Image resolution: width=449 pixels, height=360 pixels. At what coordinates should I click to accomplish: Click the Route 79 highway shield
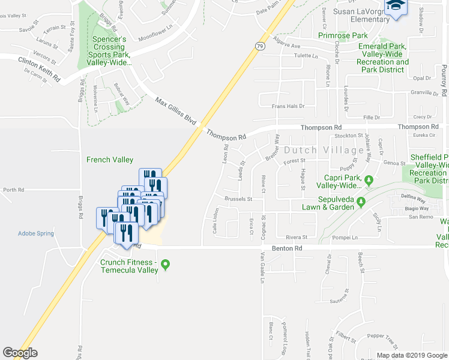(259, 46)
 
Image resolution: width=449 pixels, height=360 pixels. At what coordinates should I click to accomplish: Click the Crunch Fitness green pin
(167, 263)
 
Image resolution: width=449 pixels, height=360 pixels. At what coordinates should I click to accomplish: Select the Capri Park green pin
(370, 179)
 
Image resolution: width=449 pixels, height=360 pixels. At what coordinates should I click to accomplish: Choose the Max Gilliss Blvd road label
(175, 111)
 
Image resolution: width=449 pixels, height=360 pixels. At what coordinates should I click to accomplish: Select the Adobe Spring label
(35, 233)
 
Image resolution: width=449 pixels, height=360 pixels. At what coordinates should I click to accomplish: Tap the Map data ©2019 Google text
(411, 355)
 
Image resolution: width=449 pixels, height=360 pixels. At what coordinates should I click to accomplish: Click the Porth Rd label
(13, 190)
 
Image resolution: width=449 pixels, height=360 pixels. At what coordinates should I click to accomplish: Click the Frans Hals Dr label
(289, 106)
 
